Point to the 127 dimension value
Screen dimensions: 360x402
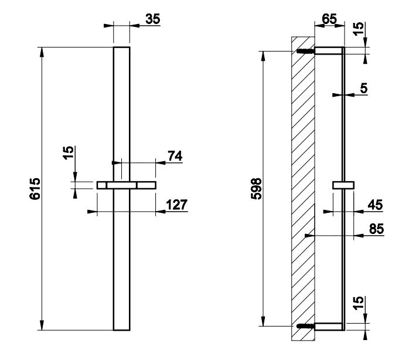pyautogui.click(x=176, y=205)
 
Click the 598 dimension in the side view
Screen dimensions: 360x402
pyautogui.click(x=255, y=188)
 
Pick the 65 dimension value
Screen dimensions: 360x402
pyautogui.click(x=330, y=18)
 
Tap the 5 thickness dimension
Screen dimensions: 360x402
pyautogui.click(x=364, y=89)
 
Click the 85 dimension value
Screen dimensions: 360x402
pyautogui.click(x=376, y=229)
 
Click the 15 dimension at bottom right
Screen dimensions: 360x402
pyautogui.click(x=360, y=304)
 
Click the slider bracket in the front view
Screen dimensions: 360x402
pyautogui.click(x=127, y=185)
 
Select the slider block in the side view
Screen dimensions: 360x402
pyautogui.click(x=343, y=185)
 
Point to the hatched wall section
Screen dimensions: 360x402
pyautogui.click(x=304, y=188)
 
